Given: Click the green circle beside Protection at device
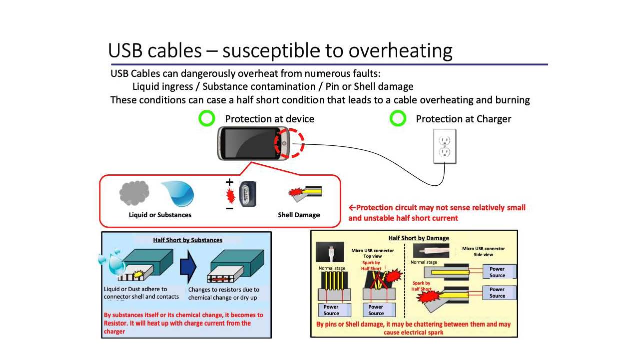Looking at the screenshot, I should [206, 119].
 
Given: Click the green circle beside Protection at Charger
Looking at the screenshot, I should [398, 119].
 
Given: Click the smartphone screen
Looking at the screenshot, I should [249, 143].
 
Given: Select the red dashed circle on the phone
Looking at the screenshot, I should [289, 143].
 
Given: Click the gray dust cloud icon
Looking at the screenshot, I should [134, 193].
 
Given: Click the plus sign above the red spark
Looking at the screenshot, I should [229, 183].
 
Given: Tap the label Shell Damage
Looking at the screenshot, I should [299, 215].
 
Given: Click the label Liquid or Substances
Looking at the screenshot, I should [160, 215].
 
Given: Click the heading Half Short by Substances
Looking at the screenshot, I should [187, 240].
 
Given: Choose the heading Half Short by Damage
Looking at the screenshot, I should [419, 238].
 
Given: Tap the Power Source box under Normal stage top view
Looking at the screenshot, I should [331, 310].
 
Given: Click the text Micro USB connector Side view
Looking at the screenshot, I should [483, 251].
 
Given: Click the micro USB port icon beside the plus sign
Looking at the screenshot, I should [247, 194].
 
